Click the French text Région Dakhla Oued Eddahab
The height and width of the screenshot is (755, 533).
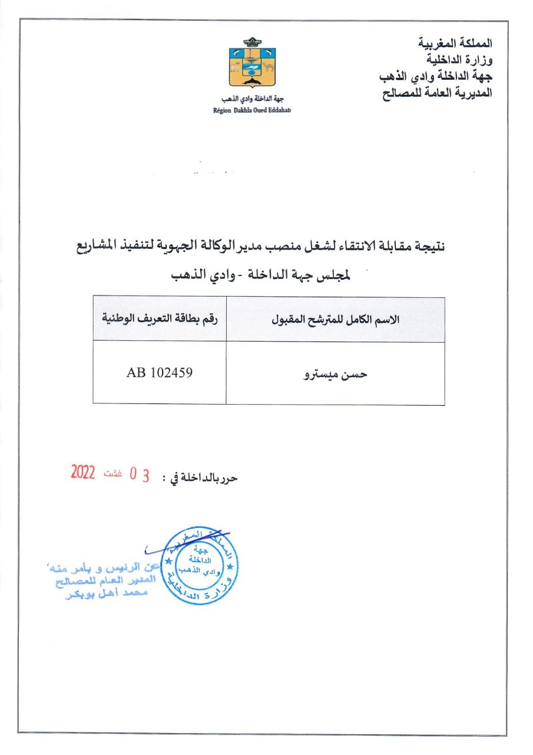253,110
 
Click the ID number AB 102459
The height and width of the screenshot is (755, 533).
160,373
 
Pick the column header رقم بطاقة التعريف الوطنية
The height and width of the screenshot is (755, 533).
160,320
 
